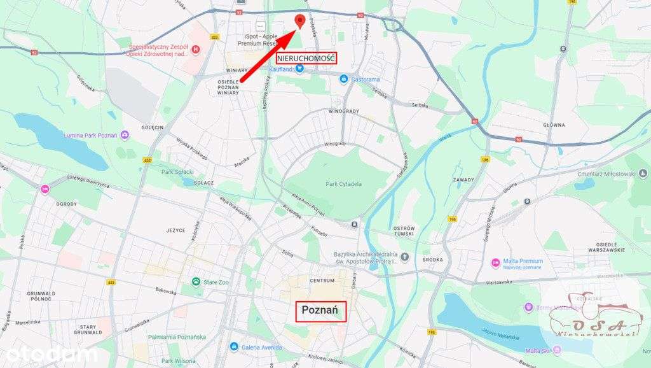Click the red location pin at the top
coord(299,21)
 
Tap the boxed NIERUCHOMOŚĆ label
coord(306,58)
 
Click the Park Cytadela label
coord(343,184)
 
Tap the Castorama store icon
coord(343,79)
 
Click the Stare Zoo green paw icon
coord(196,281)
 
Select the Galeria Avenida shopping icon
coord(234,347)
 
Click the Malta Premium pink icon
coord(495,262)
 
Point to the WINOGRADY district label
coord(343,111)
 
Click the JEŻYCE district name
coord(175,230)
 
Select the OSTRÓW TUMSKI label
coord(404,232)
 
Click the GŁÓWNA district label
coord(554,125)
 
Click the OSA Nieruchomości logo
coord(594,318)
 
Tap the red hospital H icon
coord(196,49)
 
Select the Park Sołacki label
coord(177,171)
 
